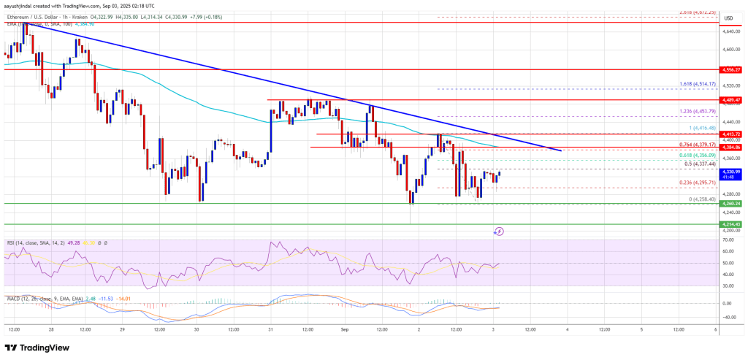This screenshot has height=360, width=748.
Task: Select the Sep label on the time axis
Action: [x=344, y=330]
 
